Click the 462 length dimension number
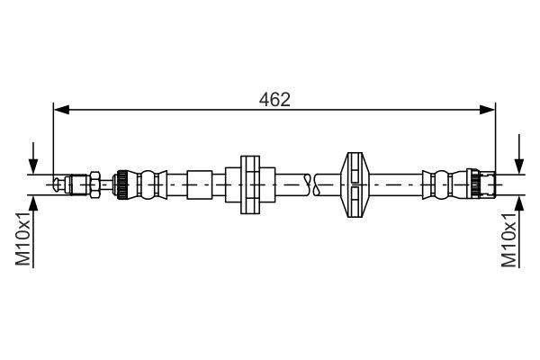coord(274,99)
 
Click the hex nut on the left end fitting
coord(92,184)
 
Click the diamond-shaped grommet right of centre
coord(356,184)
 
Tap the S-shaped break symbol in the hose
coord(310,184)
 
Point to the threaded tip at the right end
coord(489,184)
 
